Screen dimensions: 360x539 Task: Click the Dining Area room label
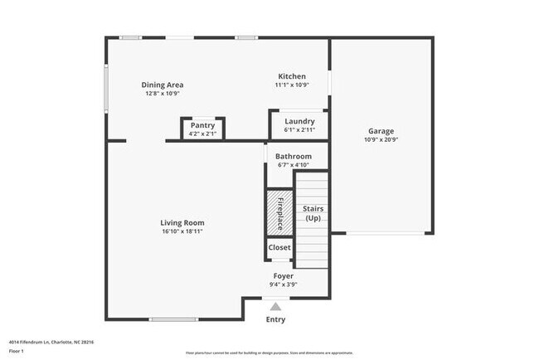(x=163, y=85)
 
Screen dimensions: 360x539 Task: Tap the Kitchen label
(x=291, y=76)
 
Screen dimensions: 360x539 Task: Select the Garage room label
(x=381, y=131)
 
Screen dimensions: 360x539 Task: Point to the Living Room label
(x=182, y=222)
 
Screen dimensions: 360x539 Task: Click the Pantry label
(x=202, y=125)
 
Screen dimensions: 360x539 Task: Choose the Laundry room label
(x=299, y=121)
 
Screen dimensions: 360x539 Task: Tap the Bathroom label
(x=294, y=156)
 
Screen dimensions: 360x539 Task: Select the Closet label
(x=279, y=247)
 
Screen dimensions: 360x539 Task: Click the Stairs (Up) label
(x=313, y=213)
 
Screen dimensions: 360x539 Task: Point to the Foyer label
(x=284, y=275)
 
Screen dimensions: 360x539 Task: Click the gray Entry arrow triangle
(x=275, y=306)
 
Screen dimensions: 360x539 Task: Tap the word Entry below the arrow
(x=275, y=319)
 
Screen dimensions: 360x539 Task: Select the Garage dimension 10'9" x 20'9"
(x=381, y=140)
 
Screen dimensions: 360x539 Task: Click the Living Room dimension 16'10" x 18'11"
(x=182, y=231)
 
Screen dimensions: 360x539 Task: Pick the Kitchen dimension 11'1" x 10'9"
(x=291, y=85)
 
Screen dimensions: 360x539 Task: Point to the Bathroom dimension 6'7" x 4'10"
(x=294, y=165)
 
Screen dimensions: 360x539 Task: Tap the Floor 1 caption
(x=17, y=351)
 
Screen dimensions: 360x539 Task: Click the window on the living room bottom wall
(x=173, y=319)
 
